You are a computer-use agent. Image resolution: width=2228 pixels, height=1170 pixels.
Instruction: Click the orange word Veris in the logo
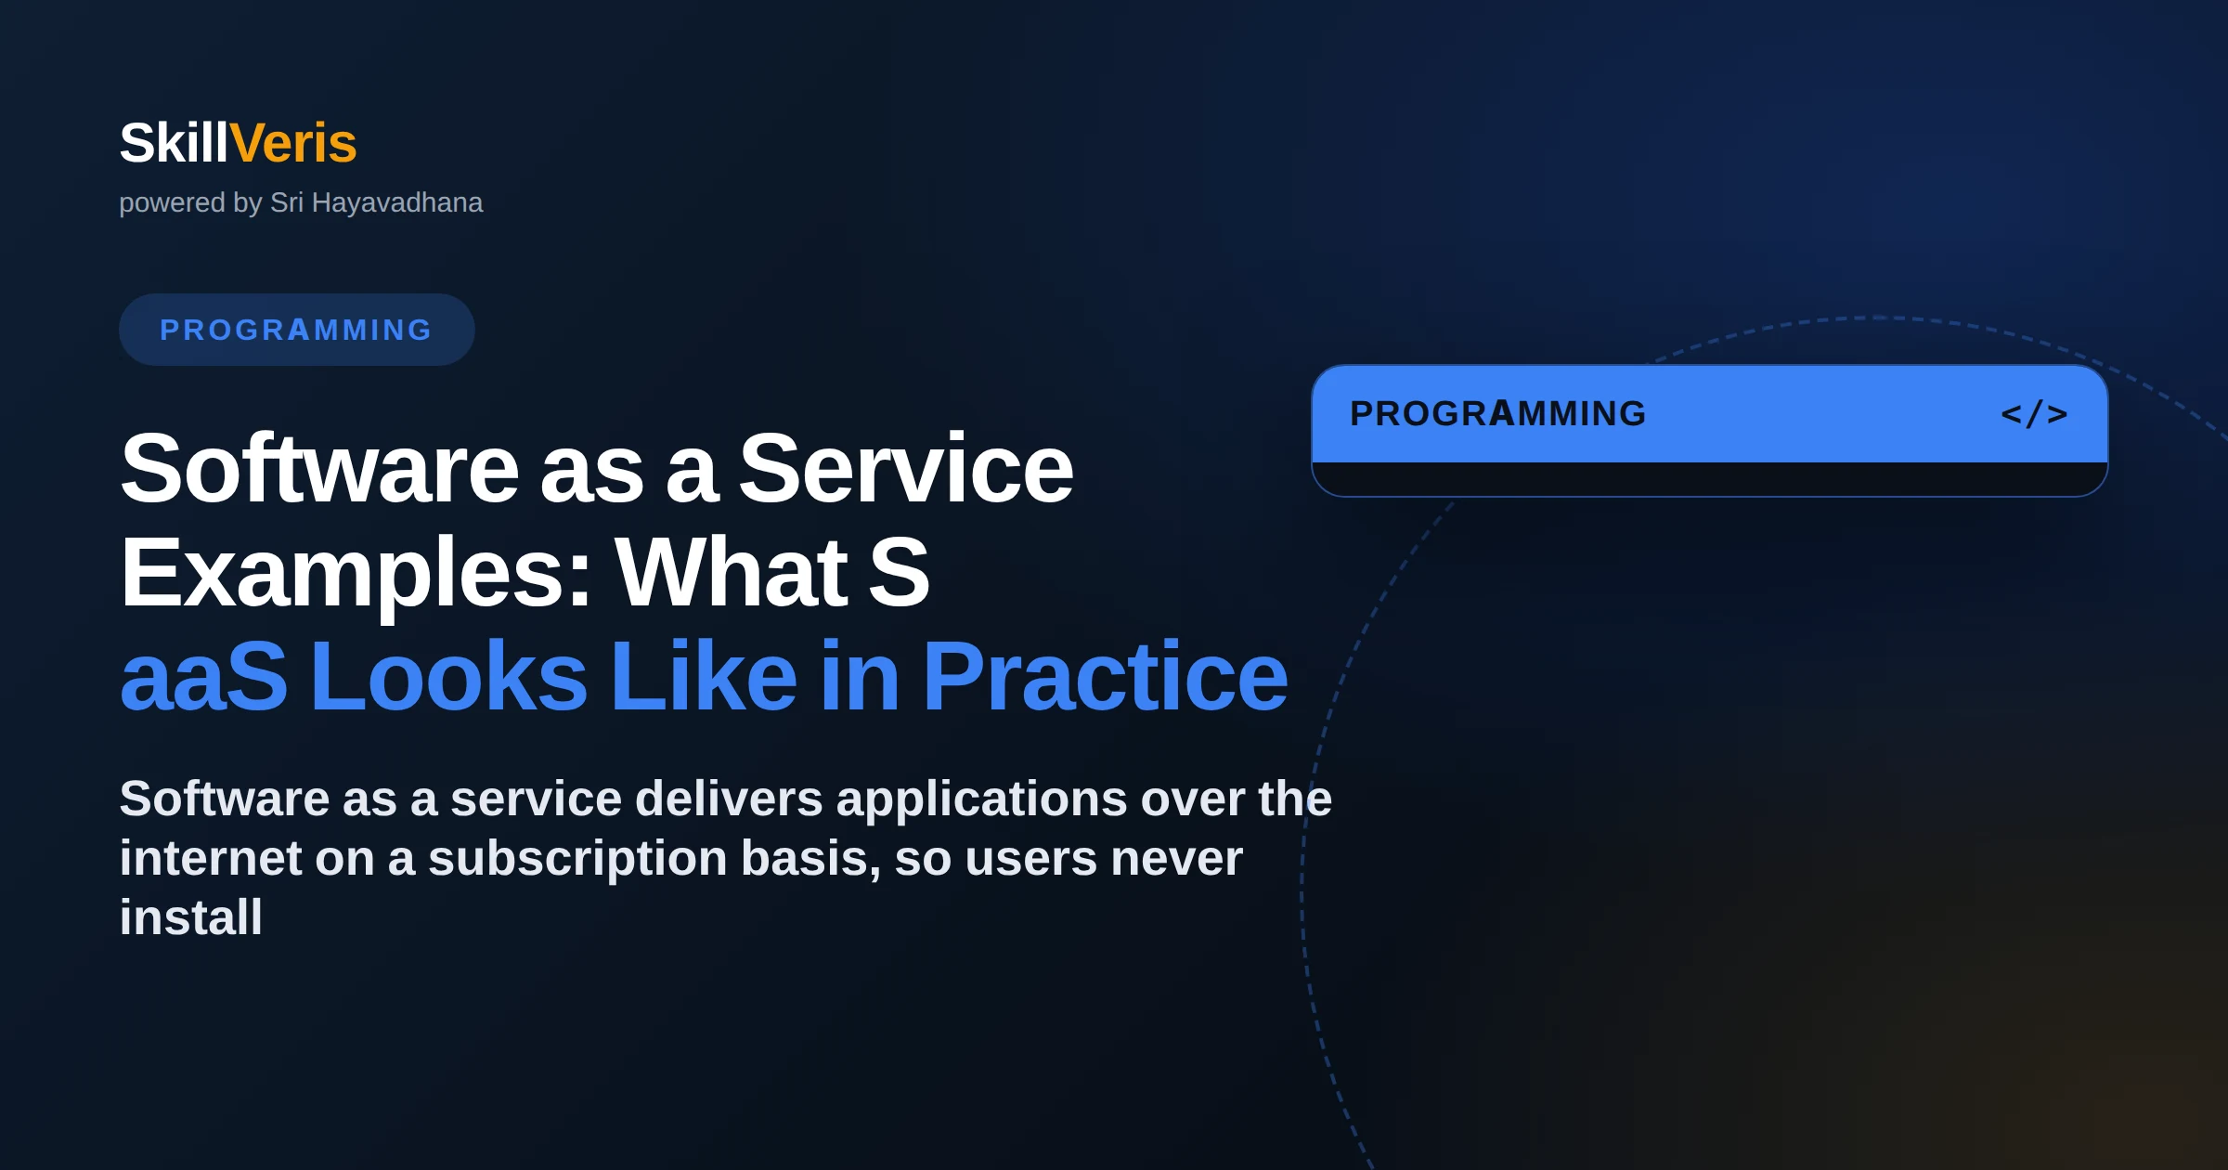[292, 143]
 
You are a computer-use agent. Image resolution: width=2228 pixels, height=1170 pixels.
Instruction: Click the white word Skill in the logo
[174, 143]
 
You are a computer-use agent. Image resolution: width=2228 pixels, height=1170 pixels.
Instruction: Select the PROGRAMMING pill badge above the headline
[297, 330]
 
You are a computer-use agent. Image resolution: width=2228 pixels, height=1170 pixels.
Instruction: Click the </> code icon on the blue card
[2034, 414]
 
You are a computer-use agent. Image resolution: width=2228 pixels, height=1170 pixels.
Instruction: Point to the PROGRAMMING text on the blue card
[1498, 414]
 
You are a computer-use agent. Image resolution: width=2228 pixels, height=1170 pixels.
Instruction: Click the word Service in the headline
[906, 469]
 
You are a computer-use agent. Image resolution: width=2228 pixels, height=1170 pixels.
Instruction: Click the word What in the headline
[732, 573]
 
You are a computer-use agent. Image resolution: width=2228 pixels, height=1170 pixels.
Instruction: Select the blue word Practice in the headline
[1105, 677]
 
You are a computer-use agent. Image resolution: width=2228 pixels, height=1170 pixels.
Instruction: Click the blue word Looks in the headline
[449, 677]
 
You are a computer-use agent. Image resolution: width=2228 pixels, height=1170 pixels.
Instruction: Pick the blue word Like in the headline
[704, 677]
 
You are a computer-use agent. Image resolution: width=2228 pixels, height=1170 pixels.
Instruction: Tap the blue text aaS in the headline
[204, 677]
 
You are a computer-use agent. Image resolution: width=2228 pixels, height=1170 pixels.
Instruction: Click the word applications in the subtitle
[981, 800]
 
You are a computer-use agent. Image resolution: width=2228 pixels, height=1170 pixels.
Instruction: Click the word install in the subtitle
[191, 917]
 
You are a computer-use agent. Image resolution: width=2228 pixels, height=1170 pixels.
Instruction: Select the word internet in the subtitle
[211, 858]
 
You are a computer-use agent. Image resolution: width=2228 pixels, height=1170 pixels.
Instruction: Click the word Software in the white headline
[319, 469]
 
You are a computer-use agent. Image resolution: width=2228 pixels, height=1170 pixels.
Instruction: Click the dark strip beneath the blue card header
[1709, 479]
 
